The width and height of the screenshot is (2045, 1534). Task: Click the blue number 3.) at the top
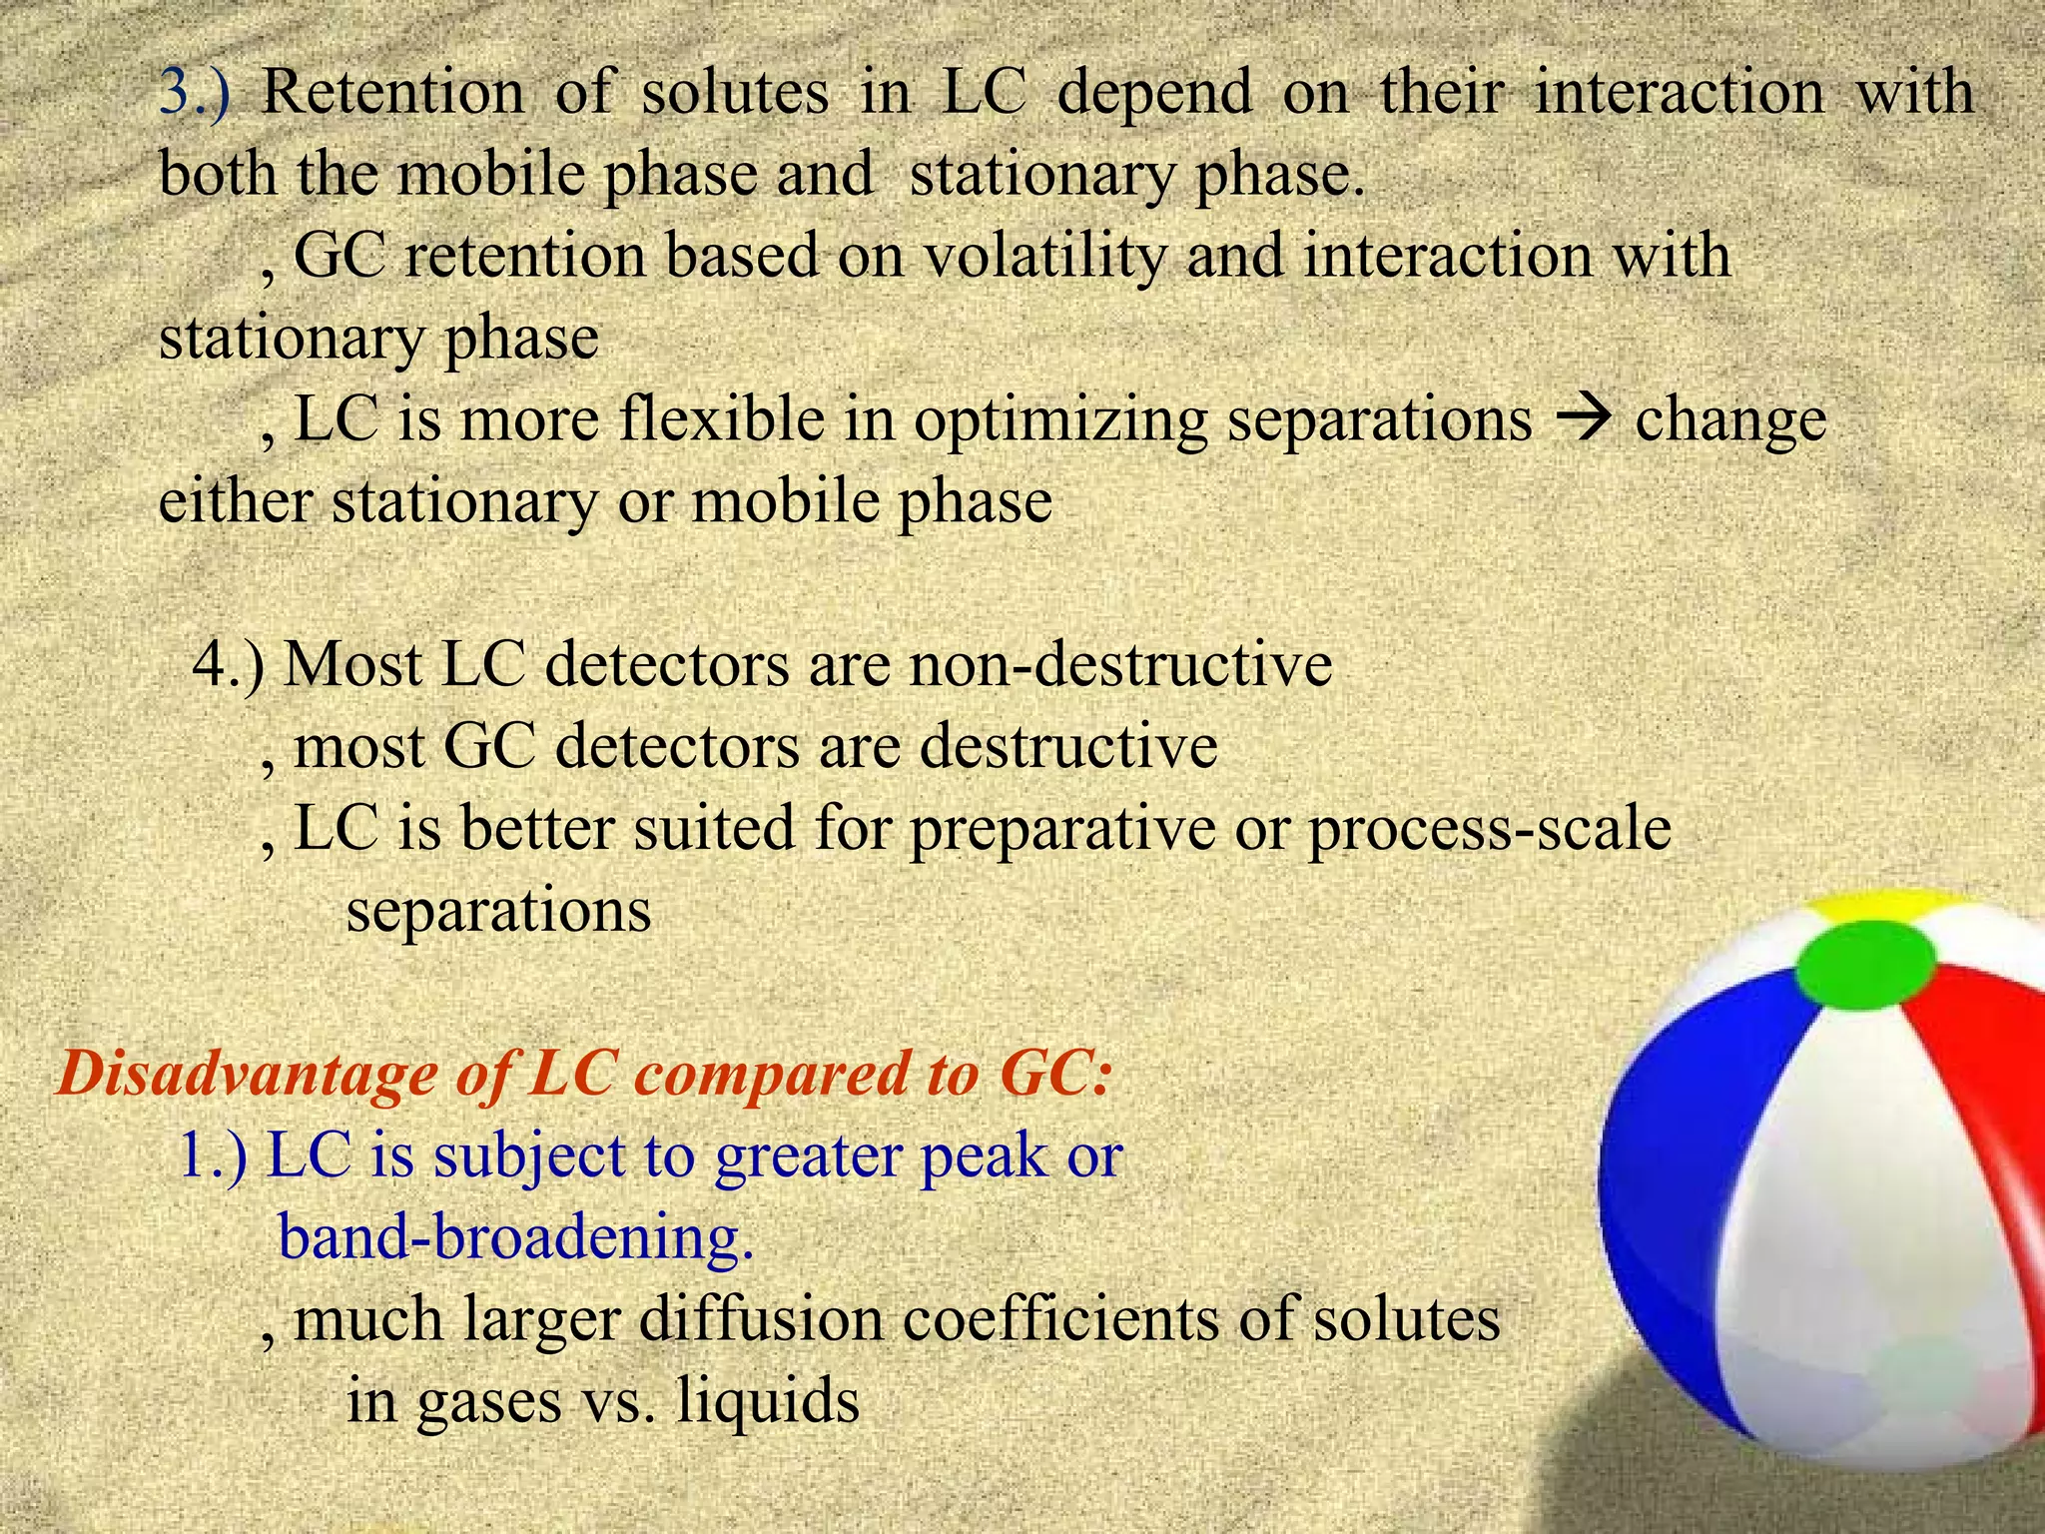coord(195,93)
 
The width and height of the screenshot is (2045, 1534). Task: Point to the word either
coord(236,500)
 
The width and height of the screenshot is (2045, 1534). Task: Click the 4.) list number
coord(229,664)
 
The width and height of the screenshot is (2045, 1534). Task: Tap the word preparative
coord(1061,830)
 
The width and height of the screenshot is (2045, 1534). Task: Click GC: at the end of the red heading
coord(1053,1075)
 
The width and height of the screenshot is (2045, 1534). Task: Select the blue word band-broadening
coord(515,1238)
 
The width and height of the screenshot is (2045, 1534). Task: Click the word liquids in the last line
coord(767,1400)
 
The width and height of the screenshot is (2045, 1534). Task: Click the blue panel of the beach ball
coord(1688,1149)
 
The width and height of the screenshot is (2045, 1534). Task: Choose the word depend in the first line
coord(1153,93)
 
